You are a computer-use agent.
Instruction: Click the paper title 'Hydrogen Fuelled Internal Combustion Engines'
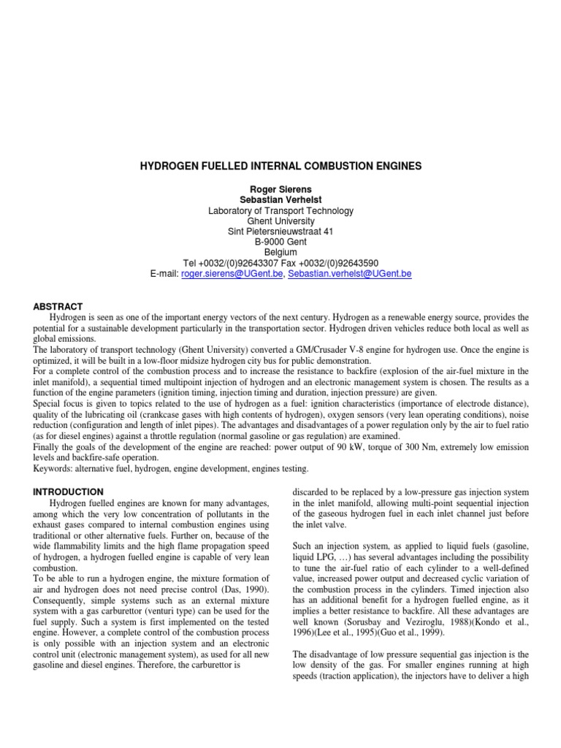280,167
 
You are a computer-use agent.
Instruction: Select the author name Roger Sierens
280,188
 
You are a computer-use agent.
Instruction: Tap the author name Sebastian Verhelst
280,199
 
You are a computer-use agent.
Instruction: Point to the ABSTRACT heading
58,306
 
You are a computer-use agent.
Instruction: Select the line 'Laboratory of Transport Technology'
280,210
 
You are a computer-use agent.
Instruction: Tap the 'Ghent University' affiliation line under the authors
280,221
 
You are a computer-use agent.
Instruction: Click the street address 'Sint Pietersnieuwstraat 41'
280,232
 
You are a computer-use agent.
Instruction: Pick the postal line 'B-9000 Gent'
280,242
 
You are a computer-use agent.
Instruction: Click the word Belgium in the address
280,253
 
